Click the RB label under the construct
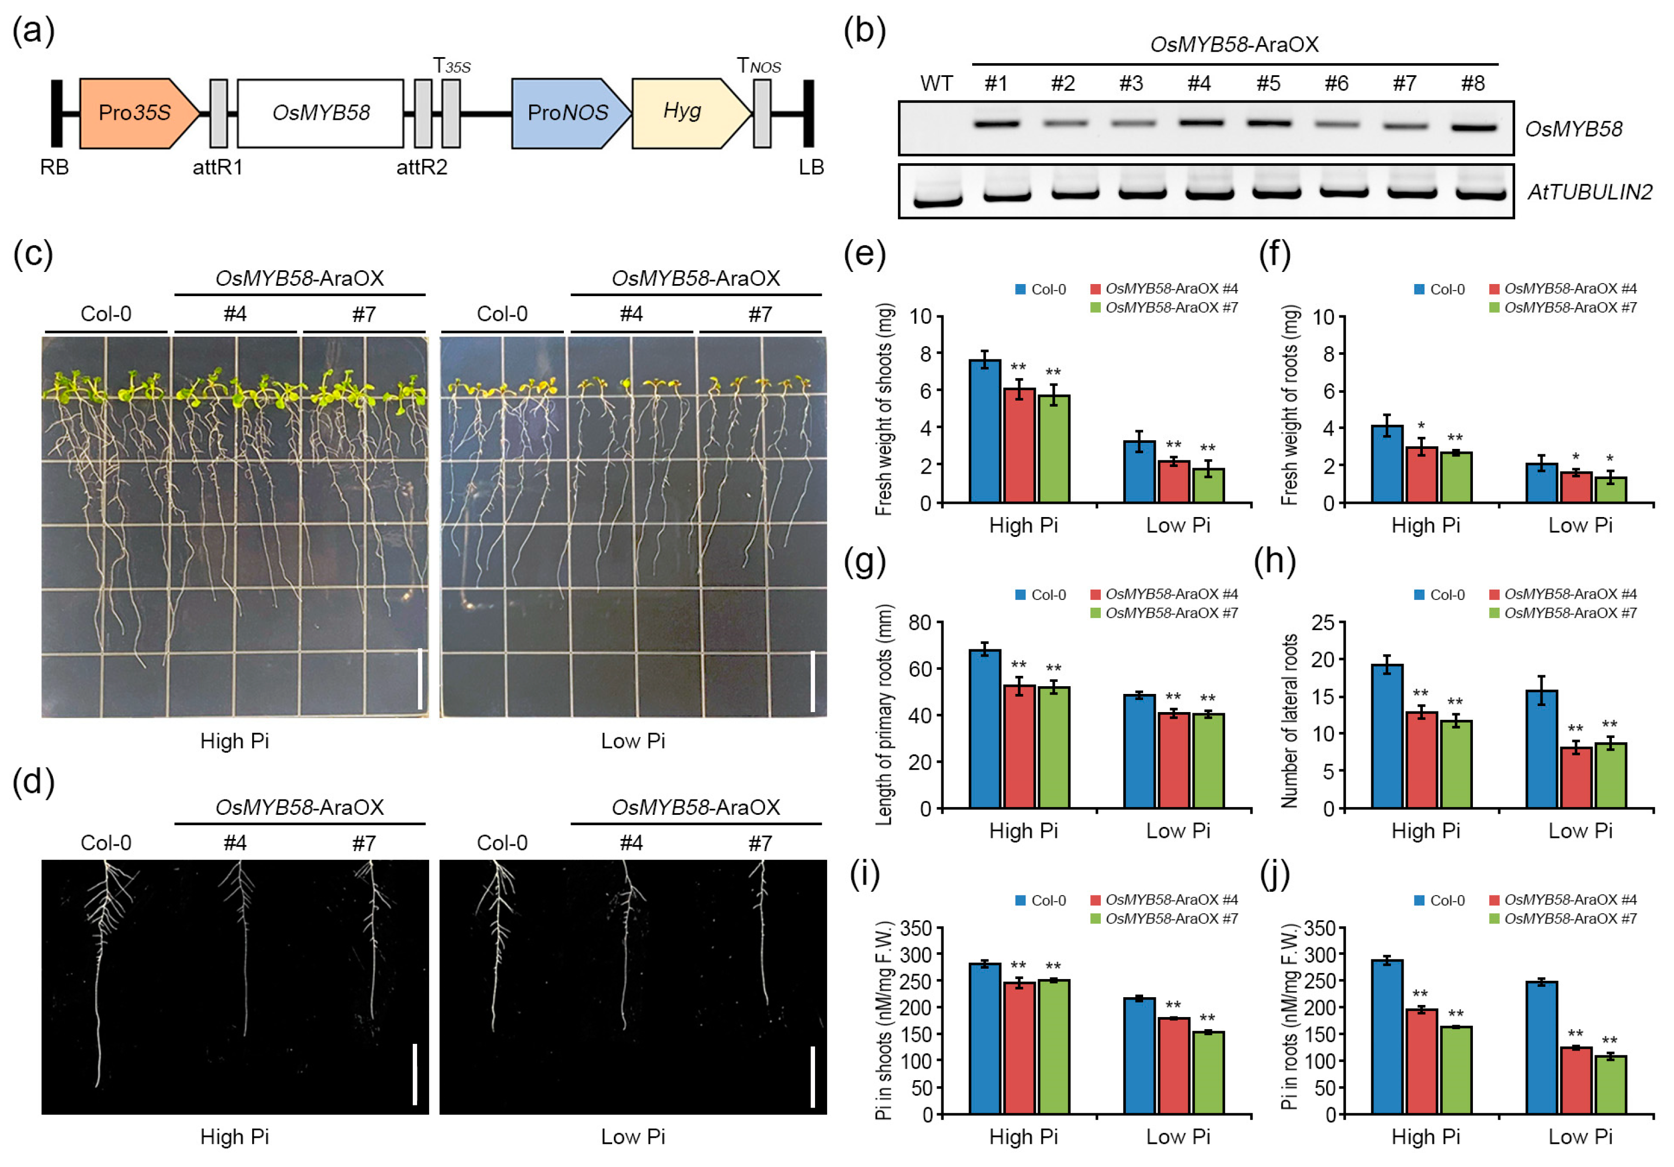click(54, 168)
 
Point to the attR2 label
click(422, 168)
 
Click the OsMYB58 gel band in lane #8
click(1473, 127)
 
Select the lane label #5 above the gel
click(1268, 84)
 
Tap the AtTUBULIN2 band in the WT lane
click(938, 199)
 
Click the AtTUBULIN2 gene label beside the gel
click(1589, 192)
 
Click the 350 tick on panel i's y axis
click(918, 928)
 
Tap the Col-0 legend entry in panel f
click(1439, 290)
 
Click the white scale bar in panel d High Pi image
click(415, 1073)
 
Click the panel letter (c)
click(33, 254)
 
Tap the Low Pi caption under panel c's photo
click(633, 741)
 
